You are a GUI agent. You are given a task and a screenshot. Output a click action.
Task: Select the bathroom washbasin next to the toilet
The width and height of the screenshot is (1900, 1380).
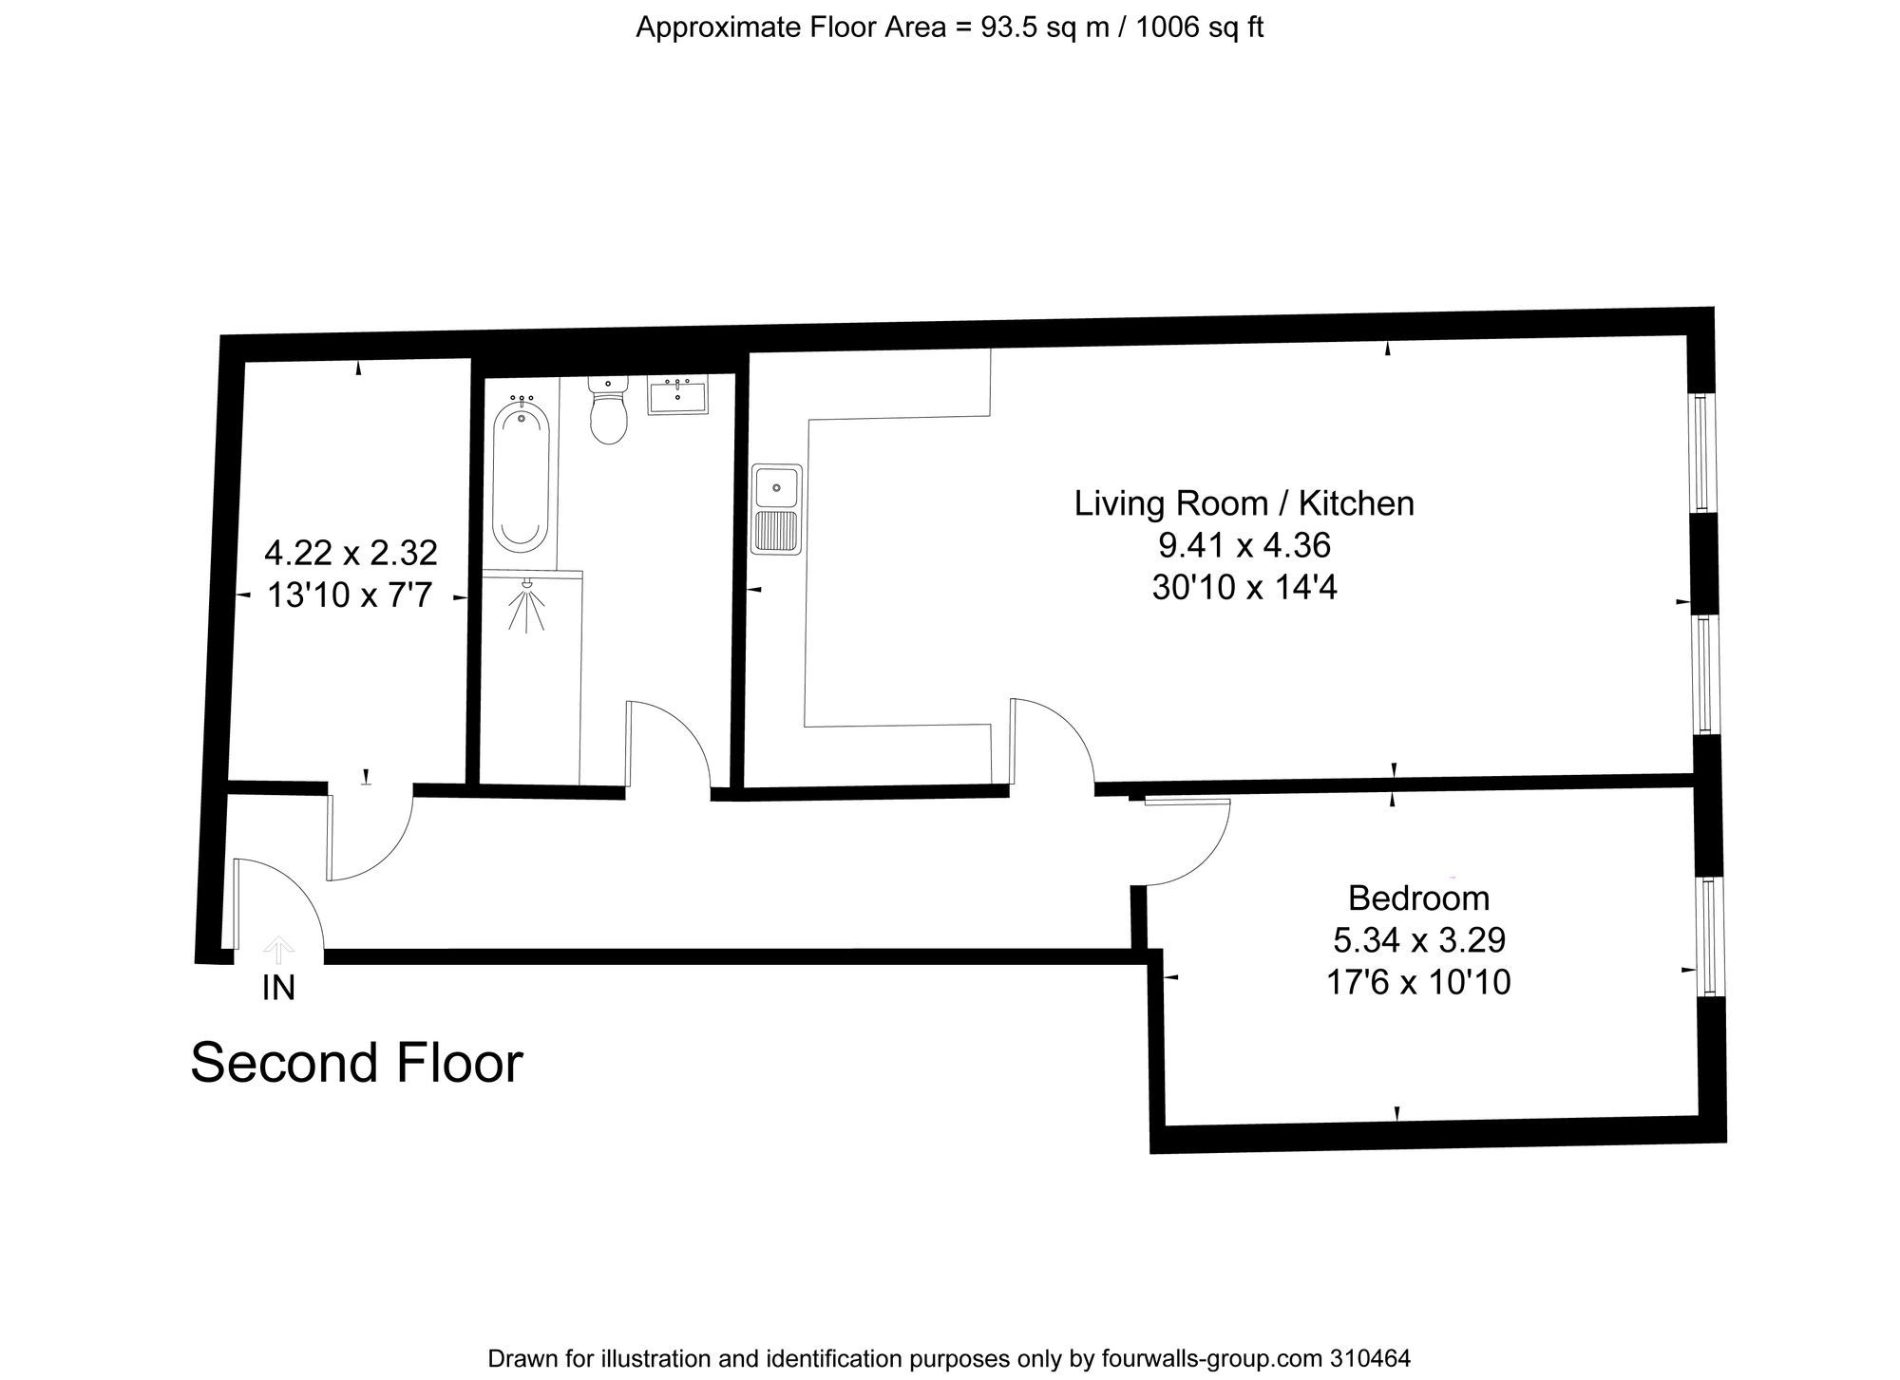pos(677,394)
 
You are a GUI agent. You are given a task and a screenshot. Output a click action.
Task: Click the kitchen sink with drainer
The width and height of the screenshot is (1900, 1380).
pos(776,508)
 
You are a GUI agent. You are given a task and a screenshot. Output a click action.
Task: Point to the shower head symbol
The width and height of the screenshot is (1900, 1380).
pos(525,604)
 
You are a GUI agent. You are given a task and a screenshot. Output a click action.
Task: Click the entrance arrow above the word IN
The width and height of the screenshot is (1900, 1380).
pos(278,949)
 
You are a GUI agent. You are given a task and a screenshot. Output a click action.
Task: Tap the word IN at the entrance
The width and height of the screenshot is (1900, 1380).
pos(278,989)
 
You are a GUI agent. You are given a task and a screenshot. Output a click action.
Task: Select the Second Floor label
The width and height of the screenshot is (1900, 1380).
pos(356,1063)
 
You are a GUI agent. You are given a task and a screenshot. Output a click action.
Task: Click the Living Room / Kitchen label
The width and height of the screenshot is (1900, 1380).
pos(1244,503)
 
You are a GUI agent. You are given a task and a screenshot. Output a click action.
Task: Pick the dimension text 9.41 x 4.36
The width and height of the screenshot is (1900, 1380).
pos(1244,545)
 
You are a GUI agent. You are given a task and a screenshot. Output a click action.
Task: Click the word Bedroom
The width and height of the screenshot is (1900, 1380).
pos(1418,898)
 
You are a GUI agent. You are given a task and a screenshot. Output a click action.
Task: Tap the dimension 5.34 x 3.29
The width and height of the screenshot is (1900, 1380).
pos(1418,940)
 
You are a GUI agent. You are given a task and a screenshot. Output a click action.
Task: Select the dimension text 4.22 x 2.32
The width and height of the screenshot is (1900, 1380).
pos(351,552)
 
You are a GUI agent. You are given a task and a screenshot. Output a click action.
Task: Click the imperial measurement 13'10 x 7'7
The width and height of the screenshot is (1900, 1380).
pos(350,595)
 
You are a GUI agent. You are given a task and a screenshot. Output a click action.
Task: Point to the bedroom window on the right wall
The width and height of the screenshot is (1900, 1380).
pos(1711,936)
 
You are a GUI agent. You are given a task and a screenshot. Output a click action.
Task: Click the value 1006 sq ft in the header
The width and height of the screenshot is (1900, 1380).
pos(1199,28)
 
